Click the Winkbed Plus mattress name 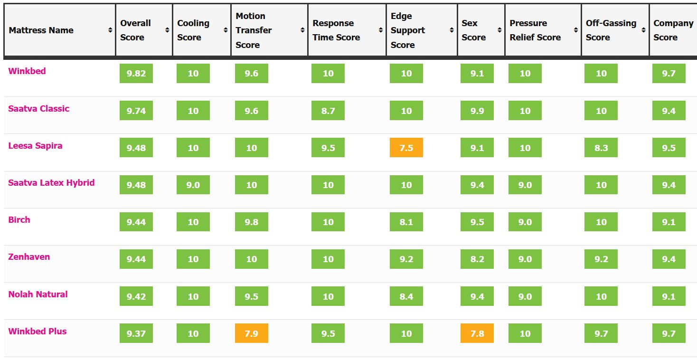38,332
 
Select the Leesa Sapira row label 35,146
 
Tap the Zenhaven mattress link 29,257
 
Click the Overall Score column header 136,30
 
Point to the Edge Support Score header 408,30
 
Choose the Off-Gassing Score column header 611,30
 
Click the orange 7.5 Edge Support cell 406,148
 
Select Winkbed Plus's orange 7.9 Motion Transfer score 252,333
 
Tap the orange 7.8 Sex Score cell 477,333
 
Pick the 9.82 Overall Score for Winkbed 136,74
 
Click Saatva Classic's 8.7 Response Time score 328,111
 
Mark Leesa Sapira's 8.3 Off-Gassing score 601,148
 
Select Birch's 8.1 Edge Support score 406,222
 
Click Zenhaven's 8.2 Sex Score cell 477,259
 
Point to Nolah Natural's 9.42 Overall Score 136,296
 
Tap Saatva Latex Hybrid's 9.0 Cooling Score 193,185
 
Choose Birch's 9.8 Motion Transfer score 252,222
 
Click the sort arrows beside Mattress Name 110,30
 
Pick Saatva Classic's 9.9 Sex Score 477,111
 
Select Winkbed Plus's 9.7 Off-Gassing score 601,333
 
